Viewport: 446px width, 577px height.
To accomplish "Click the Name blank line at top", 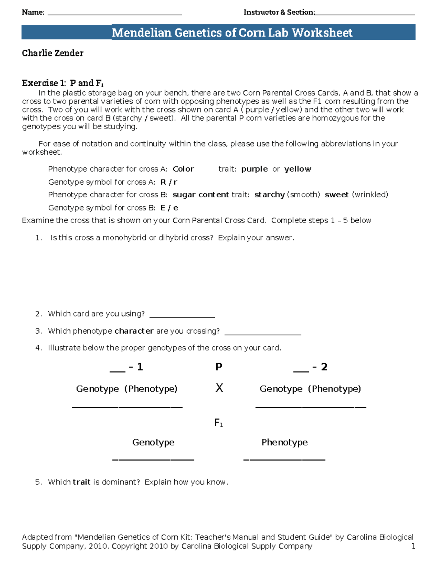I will click(115, 14).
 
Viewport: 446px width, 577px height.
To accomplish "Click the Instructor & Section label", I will click(279, 12).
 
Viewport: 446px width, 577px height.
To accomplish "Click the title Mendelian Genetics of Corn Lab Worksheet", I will click(232, 33).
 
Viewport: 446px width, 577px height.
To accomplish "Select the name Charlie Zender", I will click(52, 53).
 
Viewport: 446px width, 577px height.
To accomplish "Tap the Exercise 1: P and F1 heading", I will click(62, 83).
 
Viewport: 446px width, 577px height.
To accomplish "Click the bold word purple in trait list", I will click(254, 169).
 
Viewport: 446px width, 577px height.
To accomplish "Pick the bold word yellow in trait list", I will click(297, 169).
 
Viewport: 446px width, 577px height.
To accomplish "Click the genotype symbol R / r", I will click(169, 182).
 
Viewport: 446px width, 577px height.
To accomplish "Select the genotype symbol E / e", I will click(169, 208).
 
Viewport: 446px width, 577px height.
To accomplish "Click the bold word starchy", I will click(269, 195).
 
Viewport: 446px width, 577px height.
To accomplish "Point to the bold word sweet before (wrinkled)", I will click(336, 195).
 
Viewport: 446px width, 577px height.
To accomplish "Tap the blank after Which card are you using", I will click(182, 316).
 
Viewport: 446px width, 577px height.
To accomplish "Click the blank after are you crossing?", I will click(263, 334).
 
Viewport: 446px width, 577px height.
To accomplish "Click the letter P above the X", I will click(219, 367).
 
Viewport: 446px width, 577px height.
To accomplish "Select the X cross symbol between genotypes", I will click(219, 388).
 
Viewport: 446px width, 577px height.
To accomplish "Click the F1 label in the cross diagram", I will click(219, 423).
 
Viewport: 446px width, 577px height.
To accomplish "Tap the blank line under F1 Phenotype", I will click(284, 459).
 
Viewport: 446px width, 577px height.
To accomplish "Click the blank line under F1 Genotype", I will click(153, 459).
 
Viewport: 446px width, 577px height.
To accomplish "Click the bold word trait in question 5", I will click(81, 482).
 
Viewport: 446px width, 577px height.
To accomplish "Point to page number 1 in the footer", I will click(413, 546).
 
